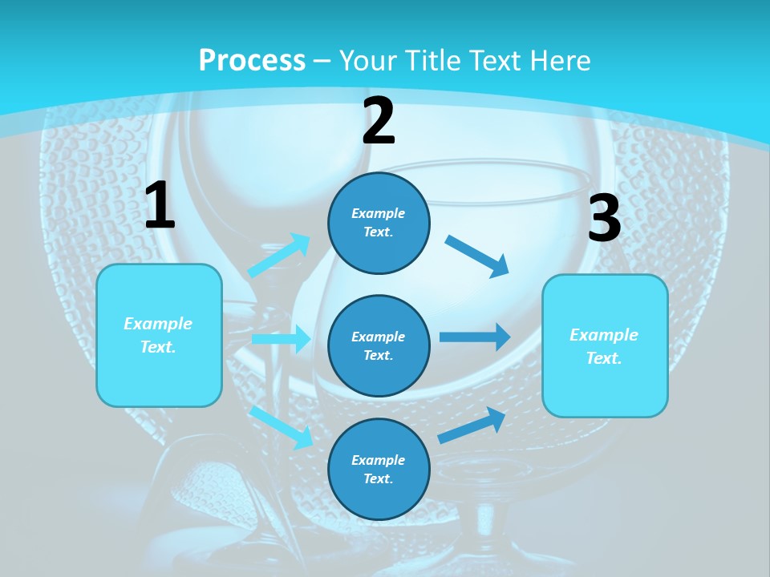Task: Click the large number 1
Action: pyautogui.click(x=160, y=205)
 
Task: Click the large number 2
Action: pyautogui.click(x=379, y=121)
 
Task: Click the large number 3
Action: pyautogui.click(x=604, y=219)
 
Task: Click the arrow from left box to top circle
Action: pyautogui.click(x=279, y=256)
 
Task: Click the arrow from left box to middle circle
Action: pyautogui.click(x=281, y=339)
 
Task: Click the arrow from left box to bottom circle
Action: pyautogui.click(x=282, y=427)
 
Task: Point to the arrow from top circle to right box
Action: pyautogui.click(x=477, y=256)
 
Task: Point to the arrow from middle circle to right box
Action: pyautogui.click(x=475, y=337)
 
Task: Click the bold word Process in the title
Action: pyautogui.click(x=252, y=60)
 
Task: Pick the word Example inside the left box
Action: pyautogui.click(x=158, y=324)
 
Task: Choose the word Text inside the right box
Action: pyautogui.click(x=603, y=358)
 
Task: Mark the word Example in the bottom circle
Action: pyautogui.click(x=379, y=460)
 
